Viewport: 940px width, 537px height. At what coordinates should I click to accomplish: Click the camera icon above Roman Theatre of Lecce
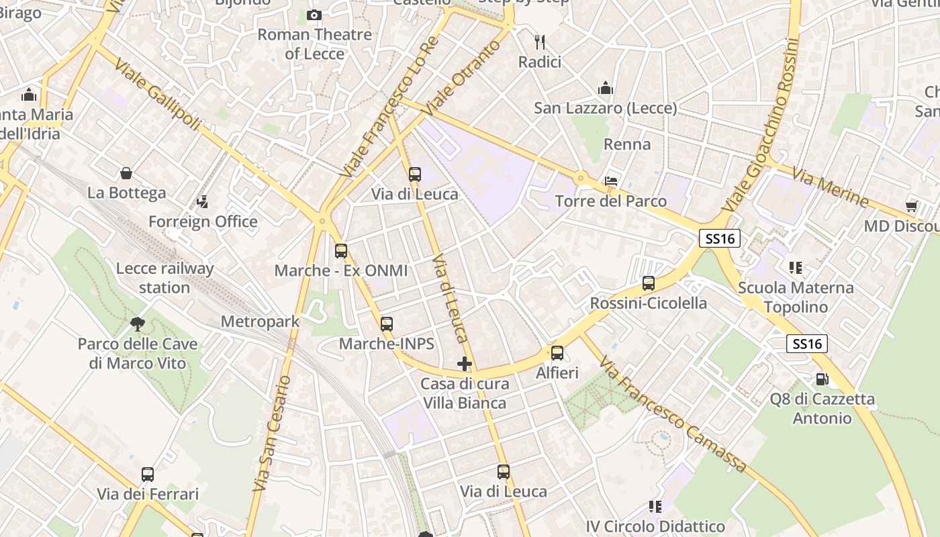tap(314, 15)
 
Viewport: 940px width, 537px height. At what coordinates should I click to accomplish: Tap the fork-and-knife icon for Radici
tap(539, 42)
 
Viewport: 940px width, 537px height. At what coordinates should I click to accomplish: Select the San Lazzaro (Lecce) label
tap(605, 107)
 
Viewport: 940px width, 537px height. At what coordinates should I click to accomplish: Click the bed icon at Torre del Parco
tap(611, 181)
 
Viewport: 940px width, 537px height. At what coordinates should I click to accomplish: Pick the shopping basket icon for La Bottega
tap(126, 174)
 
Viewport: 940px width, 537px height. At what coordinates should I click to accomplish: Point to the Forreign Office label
tap(203, 222)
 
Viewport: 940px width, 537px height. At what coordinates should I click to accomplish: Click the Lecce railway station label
tap(164, 278)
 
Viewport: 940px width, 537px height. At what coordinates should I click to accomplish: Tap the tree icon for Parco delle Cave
tap(138, 325)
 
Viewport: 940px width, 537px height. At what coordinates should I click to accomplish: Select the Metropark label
tap(260, 322)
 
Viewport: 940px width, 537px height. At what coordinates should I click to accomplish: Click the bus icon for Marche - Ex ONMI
tap(341, 251)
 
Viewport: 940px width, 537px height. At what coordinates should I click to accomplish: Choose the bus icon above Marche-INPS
tap(387, 324)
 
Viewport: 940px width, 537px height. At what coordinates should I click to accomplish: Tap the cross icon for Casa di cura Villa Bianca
tap(464, 364)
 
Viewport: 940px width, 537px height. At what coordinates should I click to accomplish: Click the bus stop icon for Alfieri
tap(557, 353)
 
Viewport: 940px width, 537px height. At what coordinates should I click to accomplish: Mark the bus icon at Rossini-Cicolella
tap(648, 283)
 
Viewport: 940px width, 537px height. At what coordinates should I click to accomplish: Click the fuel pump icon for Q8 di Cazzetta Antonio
tap(822, 379)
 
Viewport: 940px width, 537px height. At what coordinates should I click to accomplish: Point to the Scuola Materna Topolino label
tap(796, 297)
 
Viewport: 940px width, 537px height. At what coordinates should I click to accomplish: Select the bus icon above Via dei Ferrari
tap(148, 475)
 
